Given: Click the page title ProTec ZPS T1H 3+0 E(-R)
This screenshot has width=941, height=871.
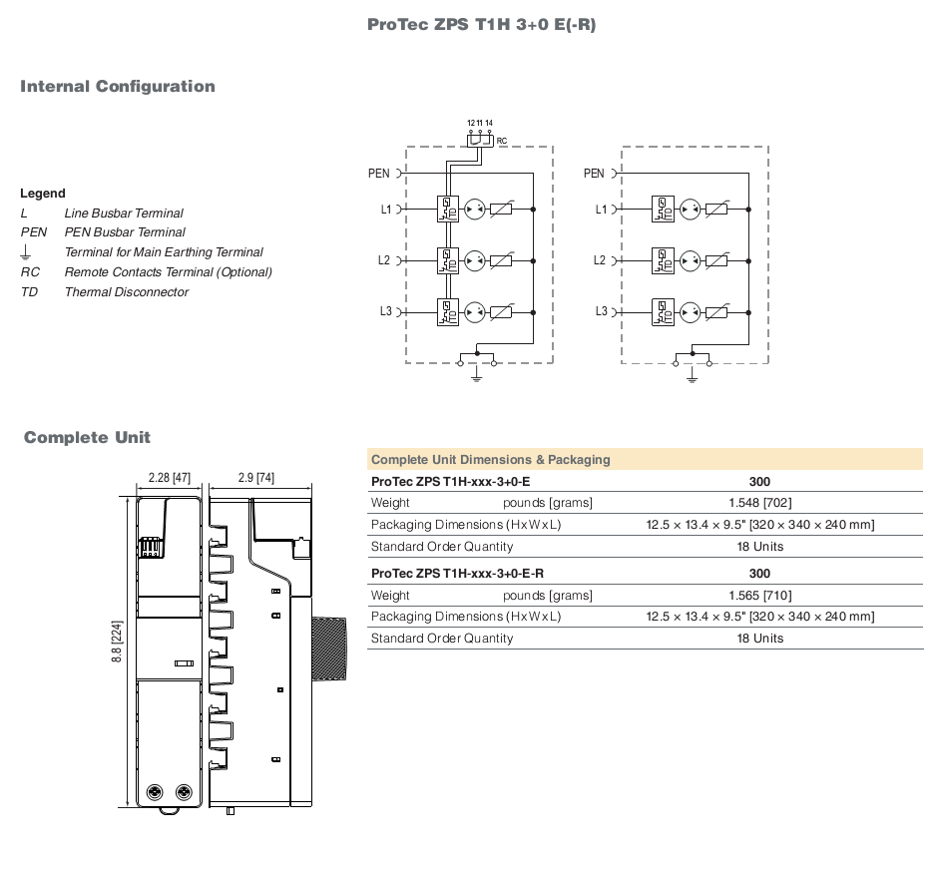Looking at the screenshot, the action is pyautogui.click(x=481, y=25).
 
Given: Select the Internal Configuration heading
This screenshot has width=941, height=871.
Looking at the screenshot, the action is pyautogui.click(x=118, y=87).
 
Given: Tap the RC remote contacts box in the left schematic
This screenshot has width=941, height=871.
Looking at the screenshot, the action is pyautogui.click(x=480, y=141).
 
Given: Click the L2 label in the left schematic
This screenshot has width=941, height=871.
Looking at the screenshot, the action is pyautogui.click(x=384, y=260).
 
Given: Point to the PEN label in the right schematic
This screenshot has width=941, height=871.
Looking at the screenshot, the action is pyautogui.click(x=594, y=174).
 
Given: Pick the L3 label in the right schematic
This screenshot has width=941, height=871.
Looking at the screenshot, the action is pyautogui.click(x=602, y=311).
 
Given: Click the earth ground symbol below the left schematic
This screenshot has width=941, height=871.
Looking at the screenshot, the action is pyautogui.click(x=477, y=375).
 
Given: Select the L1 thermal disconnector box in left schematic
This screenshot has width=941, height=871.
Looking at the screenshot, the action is pyautogui.click(x=448, y=210).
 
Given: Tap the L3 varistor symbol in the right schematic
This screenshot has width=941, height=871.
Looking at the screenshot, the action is pyautogui.click(x=715, y=312).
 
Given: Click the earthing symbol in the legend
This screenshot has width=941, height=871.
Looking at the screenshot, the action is pyautogui.click(x=26, y=252).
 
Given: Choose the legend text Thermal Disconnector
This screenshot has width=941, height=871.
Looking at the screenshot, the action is pyautogui.click(x=127, y=292).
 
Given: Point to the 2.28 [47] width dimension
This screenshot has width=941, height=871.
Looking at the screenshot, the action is pyautogui.click(x=170, y=478).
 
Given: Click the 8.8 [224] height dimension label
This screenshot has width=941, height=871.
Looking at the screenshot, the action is pyautogui.click(x=117, y=642).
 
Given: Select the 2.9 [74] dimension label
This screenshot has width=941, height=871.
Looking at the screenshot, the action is pyautogui.click(x=256, y=478).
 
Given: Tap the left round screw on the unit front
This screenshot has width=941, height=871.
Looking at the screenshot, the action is pyautogui.click(x=156, y=792).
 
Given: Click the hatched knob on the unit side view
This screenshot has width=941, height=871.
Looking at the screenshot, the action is pyautogui.click(x=329, y=649).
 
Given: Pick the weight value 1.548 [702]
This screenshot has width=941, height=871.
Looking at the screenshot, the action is pyautogui.click(x=759, y=503).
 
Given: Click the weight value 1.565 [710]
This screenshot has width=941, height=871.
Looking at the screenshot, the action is pyautogui.click(x=759, y=596).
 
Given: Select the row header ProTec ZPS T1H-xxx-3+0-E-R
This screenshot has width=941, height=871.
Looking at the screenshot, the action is pyautogui.click(x=457, y=574).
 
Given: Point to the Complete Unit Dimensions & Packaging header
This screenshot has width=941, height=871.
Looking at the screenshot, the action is pyautogui.click(x=490, y=460).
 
